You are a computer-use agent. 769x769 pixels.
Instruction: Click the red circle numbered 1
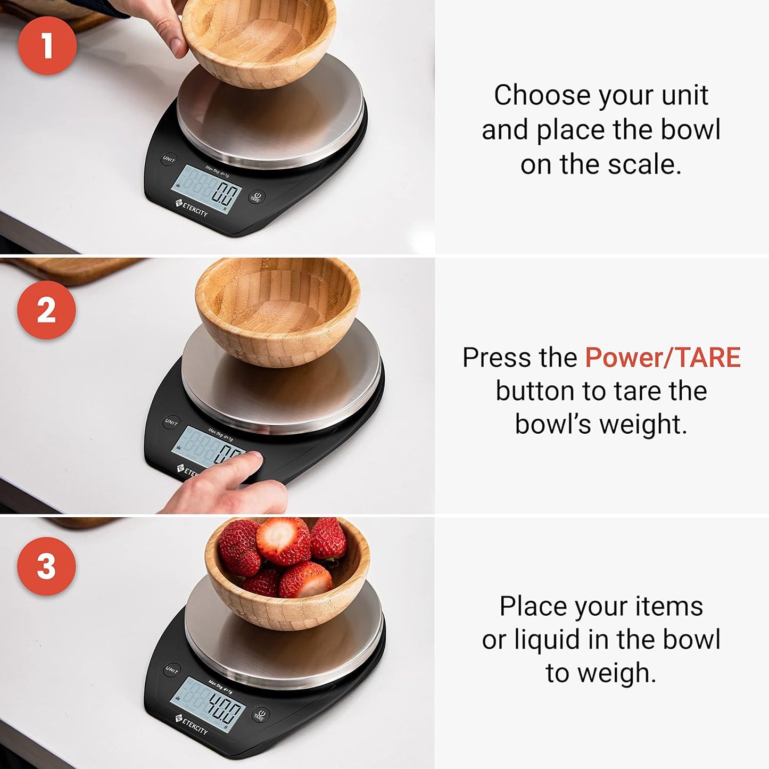pos(47,45)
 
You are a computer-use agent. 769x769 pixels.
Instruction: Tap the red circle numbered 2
pos(46,310)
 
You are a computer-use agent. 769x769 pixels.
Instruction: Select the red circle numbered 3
pos(46,566)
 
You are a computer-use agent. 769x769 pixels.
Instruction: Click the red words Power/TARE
pos(663,357)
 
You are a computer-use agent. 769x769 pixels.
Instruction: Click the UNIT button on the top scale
pos(169,159)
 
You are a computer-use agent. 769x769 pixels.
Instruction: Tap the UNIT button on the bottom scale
pos(171,670)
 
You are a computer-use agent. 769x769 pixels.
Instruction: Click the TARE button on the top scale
pos(256,197)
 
